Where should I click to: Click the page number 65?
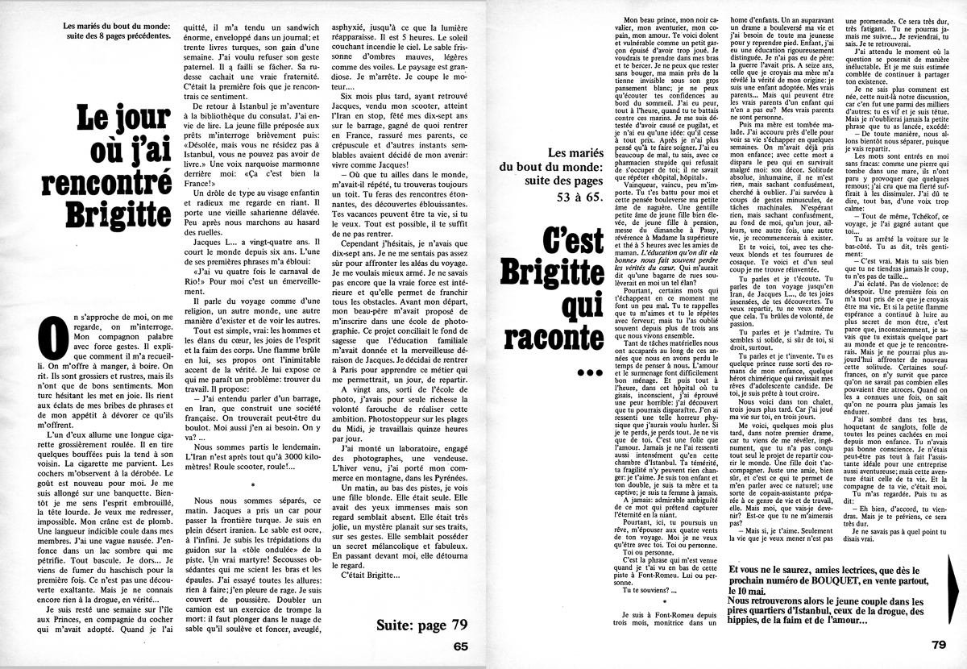pyautogui.click(x=460, y=645)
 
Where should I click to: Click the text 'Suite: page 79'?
pyautogui.click(x=421, y=625)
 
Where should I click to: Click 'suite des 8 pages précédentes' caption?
pyautogui.click(x=120, y=35)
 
